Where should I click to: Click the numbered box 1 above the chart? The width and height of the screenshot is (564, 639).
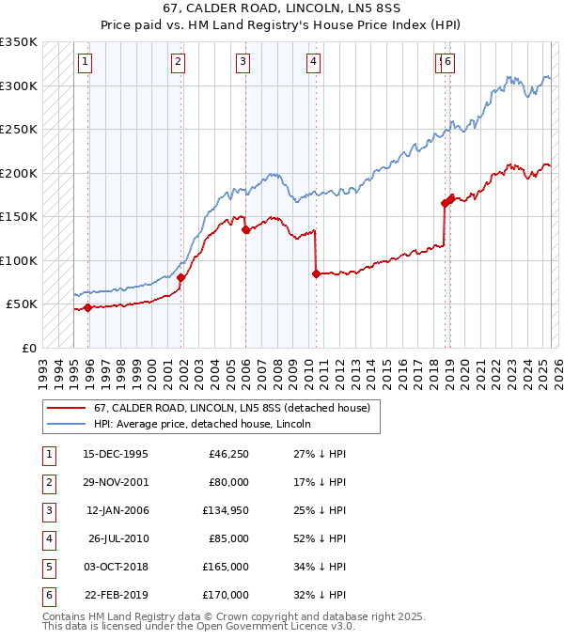(85, 63)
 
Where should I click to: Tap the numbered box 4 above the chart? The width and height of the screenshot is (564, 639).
(313, 63)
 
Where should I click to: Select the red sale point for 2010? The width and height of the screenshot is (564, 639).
(316, 273)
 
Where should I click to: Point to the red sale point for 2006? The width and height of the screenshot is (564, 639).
(245, 229)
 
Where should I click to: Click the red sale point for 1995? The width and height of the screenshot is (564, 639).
(87, 307)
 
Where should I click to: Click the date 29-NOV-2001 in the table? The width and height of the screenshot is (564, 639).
(116, 482)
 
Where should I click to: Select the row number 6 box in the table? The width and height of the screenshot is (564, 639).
(48, 595)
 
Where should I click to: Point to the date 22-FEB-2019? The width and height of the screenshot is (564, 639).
(116, 595)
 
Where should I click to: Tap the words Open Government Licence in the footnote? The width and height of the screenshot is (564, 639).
(266, 627)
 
